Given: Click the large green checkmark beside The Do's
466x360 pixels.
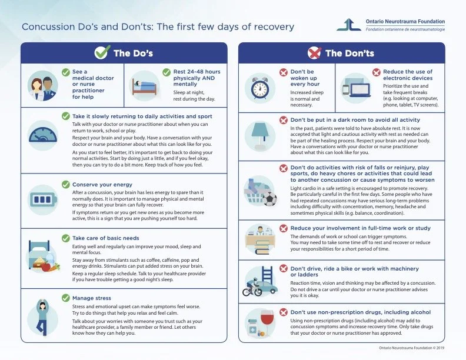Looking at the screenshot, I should click(x=102, y=53).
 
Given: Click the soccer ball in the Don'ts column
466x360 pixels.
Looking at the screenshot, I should click(x=269, y=198).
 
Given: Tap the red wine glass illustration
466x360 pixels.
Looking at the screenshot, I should click(x=269, y=325).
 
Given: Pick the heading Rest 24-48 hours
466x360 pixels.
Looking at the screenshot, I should click(x=197, y=72).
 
